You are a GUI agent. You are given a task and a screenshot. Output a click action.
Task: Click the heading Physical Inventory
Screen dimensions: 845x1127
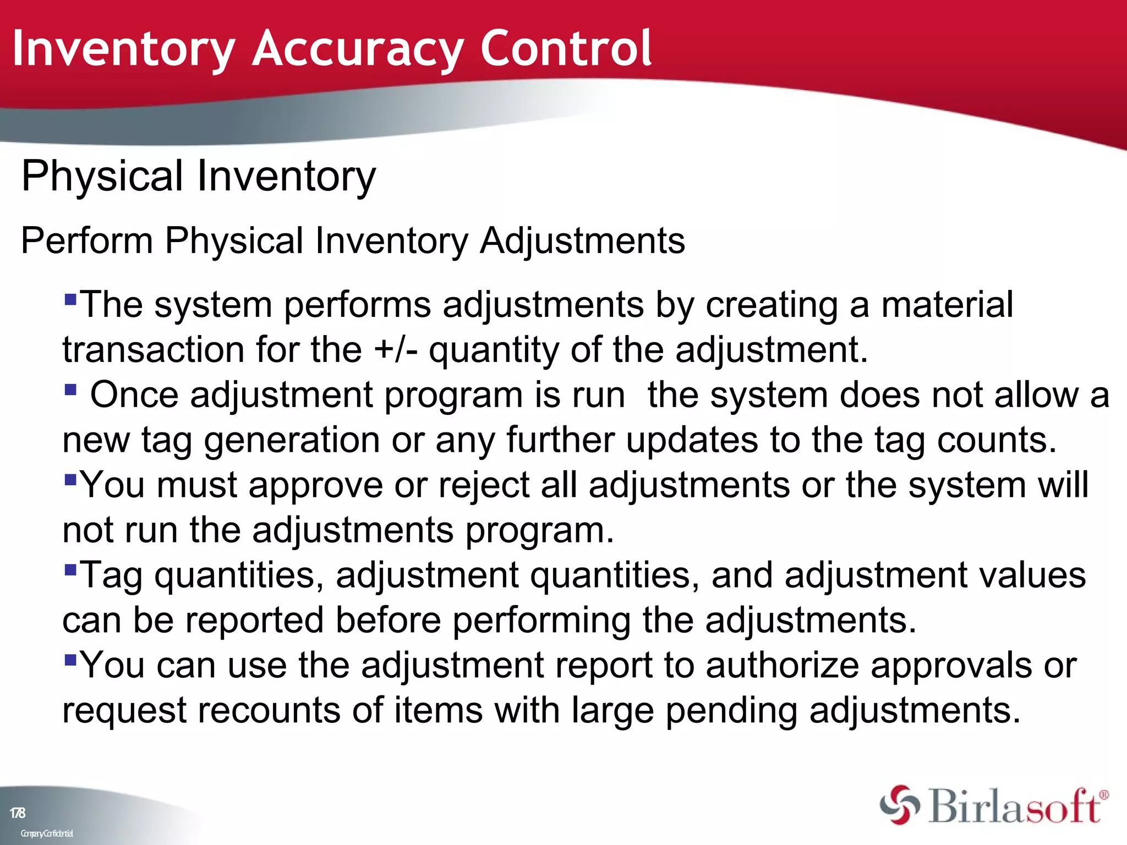[x=198, y=176]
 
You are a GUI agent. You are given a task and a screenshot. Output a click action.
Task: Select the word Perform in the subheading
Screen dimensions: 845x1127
[x=87, y=241]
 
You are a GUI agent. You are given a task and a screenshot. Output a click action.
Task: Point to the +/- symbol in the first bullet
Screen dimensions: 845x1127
[x=395, y=350]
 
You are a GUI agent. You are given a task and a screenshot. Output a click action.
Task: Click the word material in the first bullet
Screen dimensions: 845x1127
[x=947, y=305]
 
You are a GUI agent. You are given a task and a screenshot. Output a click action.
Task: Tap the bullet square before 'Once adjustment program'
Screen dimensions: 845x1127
[x=70, y=389]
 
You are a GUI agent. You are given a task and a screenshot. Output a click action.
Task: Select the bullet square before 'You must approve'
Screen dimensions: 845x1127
[x=70, y=479]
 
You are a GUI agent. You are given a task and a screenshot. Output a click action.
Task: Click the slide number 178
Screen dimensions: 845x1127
[x=18, y=813]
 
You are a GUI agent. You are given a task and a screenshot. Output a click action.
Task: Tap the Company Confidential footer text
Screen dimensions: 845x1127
[x=47, y=833]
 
